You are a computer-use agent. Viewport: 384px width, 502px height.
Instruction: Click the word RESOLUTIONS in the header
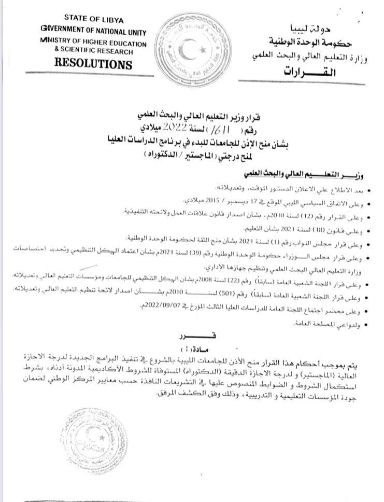pos(93,65)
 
